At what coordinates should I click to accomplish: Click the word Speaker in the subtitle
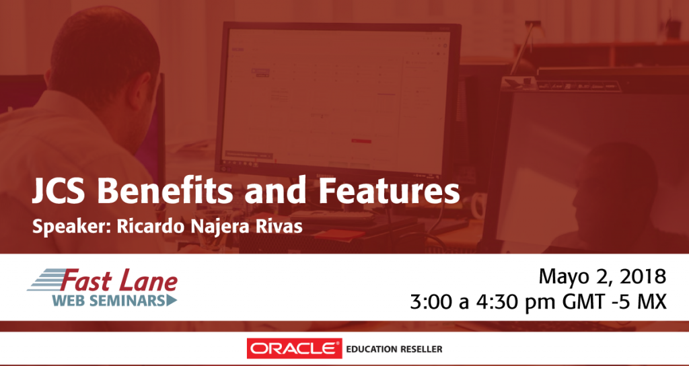[x=71, y=227]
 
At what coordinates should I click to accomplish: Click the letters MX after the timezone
[x=653, y=303]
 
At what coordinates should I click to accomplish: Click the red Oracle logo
[x=294, y=349]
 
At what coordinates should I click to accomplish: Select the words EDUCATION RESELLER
[x=394, y=350]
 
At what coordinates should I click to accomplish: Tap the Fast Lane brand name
[x=120, y=282]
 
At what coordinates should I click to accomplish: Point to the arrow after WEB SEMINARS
[x=172, y=301]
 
